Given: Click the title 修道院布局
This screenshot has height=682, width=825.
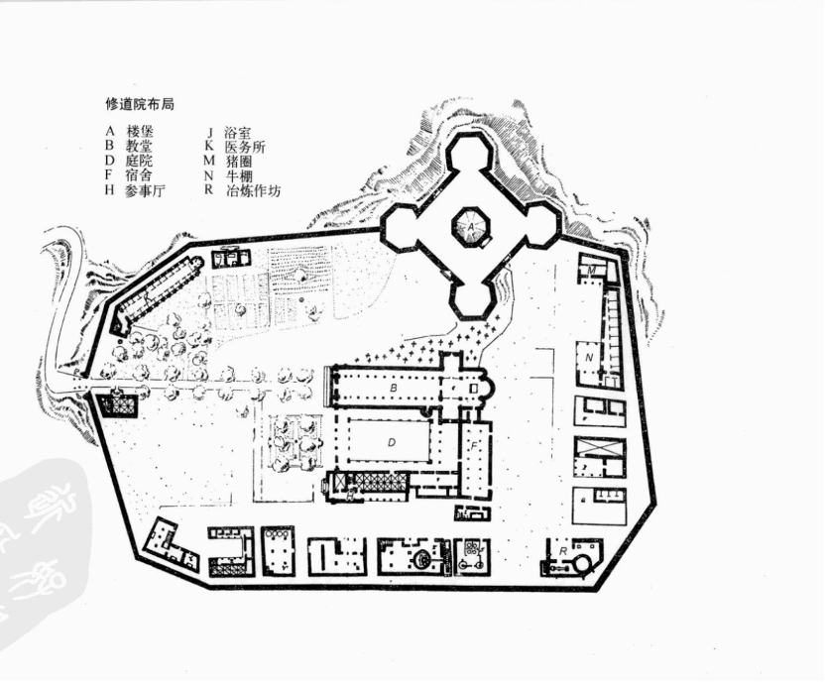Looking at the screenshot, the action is [x=140, y=103].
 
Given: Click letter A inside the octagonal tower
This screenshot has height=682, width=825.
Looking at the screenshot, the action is [x=473, y=227].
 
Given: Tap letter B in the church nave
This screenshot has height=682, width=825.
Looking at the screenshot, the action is [x=394, y=389].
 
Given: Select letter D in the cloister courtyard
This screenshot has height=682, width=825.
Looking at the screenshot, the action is [x=392, y=441].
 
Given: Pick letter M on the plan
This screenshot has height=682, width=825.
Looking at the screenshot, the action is [x=592, y=269].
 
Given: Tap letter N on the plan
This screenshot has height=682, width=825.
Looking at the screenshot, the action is [x=590, y=355].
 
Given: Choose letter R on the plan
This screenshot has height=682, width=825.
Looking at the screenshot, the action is [x=562, y=549].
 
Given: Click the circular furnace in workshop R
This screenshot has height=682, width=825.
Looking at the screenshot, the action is [x=581, y=565].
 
